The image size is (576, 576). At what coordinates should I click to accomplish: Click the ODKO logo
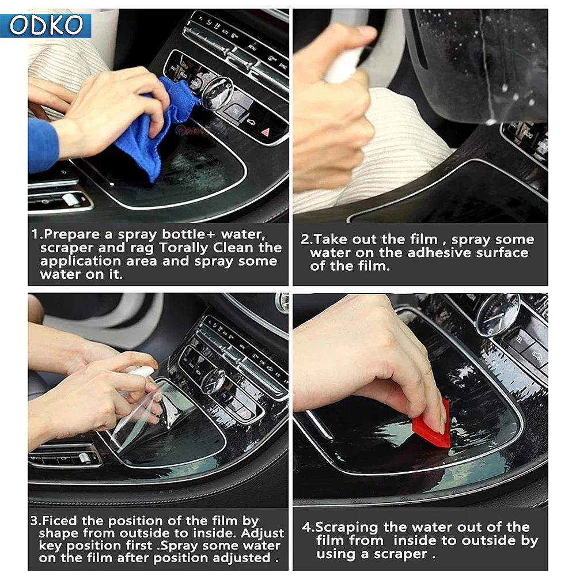46,25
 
